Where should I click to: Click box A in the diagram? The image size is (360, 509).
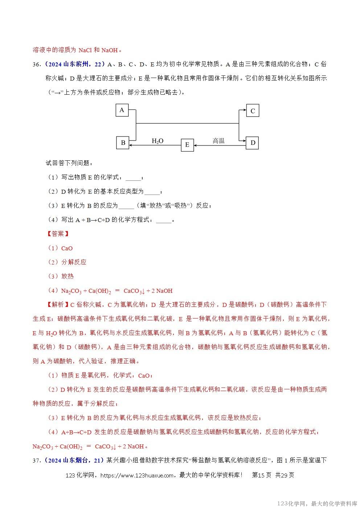click(122, 110)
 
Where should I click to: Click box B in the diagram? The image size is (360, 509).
click(123, 143)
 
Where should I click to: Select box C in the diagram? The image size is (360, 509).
click(253, 111)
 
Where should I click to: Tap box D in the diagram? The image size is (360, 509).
click(253, 143)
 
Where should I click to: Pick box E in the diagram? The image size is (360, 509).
click(187, 145)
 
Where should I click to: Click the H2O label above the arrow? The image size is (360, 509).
click(157, 141)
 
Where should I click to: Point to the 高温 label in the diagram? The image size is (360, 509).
click(218, 141)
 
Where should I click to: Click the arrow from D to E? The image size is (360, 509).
click(220, 146)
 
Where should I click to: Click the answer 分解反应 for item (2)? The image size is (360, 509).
click(74, 262)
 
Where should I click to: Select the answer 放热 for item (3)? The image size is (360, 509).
click(67, 276)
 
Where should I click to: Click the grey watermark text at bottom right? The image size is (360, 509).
click(317, 504)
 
